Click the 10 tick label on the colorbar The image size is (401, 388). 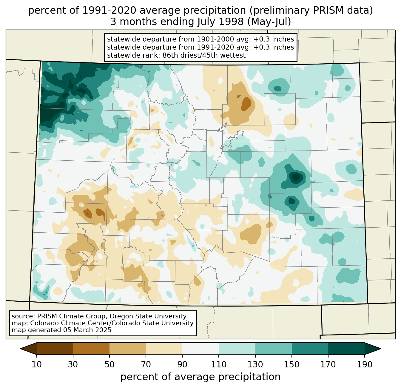point(37,365)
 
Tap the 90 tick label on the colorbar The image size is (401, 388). point(182,365)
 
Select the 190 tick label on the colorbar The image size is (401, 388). point(365,365)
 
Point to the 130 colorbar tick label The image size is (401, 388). point(255,365)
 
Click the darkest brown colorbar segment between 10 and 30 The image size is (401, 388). point(55,349)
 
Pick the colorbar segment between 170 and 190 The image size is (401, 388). point(346,349)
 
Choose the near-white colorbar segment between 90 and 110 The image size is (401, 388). point(200,349)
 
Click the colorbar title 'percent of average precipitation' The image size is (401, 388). point(200,377)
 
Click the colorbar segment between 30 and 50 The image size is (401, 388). point(91,349)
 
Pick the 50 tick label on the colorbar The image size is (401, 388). point(109,365)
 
